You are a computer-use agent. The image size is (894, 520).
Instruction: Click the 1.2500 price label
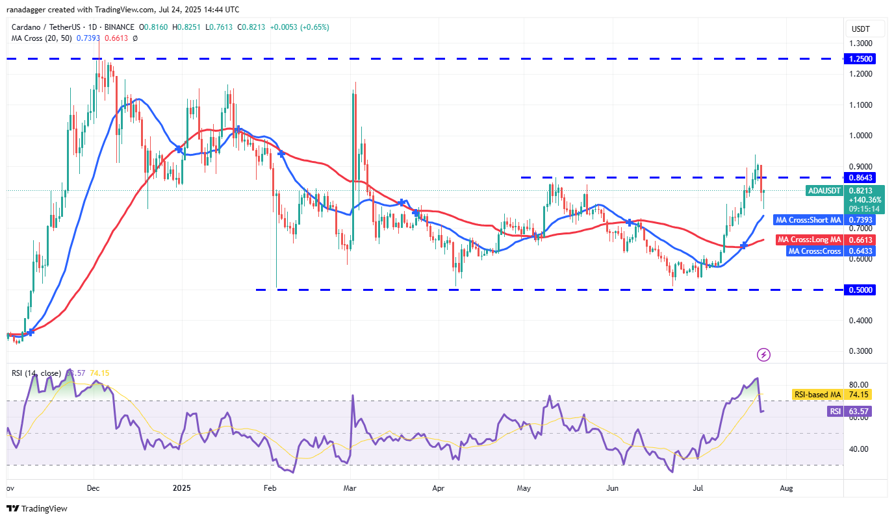(861, 58)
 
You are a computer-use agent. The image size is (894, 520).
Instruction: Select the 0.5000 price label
(861, 290)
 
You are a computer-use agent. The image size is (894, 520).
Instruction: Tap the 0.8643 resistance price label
(861, 177)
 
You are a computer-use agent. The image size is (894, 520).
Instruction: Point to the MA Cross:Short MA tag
(808, 220)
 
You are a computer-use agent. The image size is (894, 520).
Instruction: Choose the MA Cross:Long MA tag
(809, 240)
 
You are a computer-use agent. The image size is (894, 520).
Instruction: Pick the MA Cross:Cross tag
(814, 251)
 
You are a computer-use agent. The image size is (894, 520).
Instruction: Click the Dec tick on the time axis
(92, 488)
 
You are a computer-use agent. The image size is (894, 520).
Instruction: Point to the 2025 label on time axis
(182, 488)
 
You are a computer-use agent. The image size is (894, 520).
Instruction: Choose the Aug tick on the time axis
(785, 488)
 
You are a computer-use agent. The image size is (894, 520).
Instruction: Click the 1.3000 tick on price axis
(861, 43)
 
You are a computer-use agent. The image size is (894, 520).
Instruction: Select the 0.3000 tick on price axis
(861, 351)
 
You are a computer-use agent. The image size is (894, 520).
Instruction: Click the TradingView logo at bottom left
(38, 509)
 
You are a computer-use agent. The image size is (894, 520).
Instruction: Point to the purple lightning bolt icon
(764, 354)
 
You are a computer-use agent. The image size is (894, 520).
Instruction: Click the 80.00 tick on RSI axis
(858, 385)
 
